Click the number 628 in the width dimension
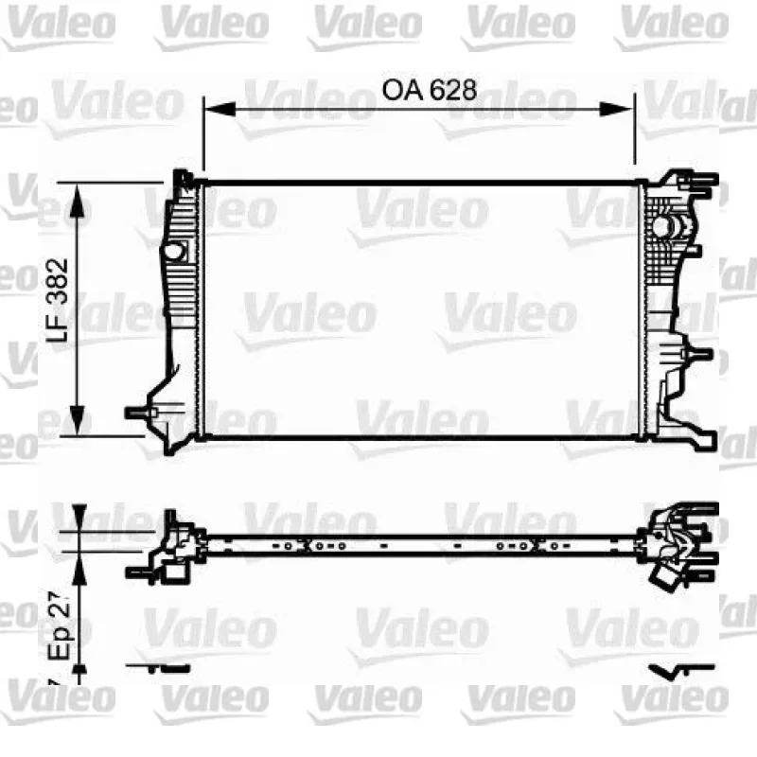pyautogui.click(x=453, y=90)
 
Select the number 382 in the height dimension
pyautogui.click(x=58, y=281)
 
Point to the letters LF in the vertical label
pyautogui.click(x=58, y=327)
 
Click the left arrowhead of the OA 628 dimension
pyautogui.click(x=220, y=109)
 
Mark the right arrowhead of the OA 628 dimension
pyautogui.click(x=616, y=109)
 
